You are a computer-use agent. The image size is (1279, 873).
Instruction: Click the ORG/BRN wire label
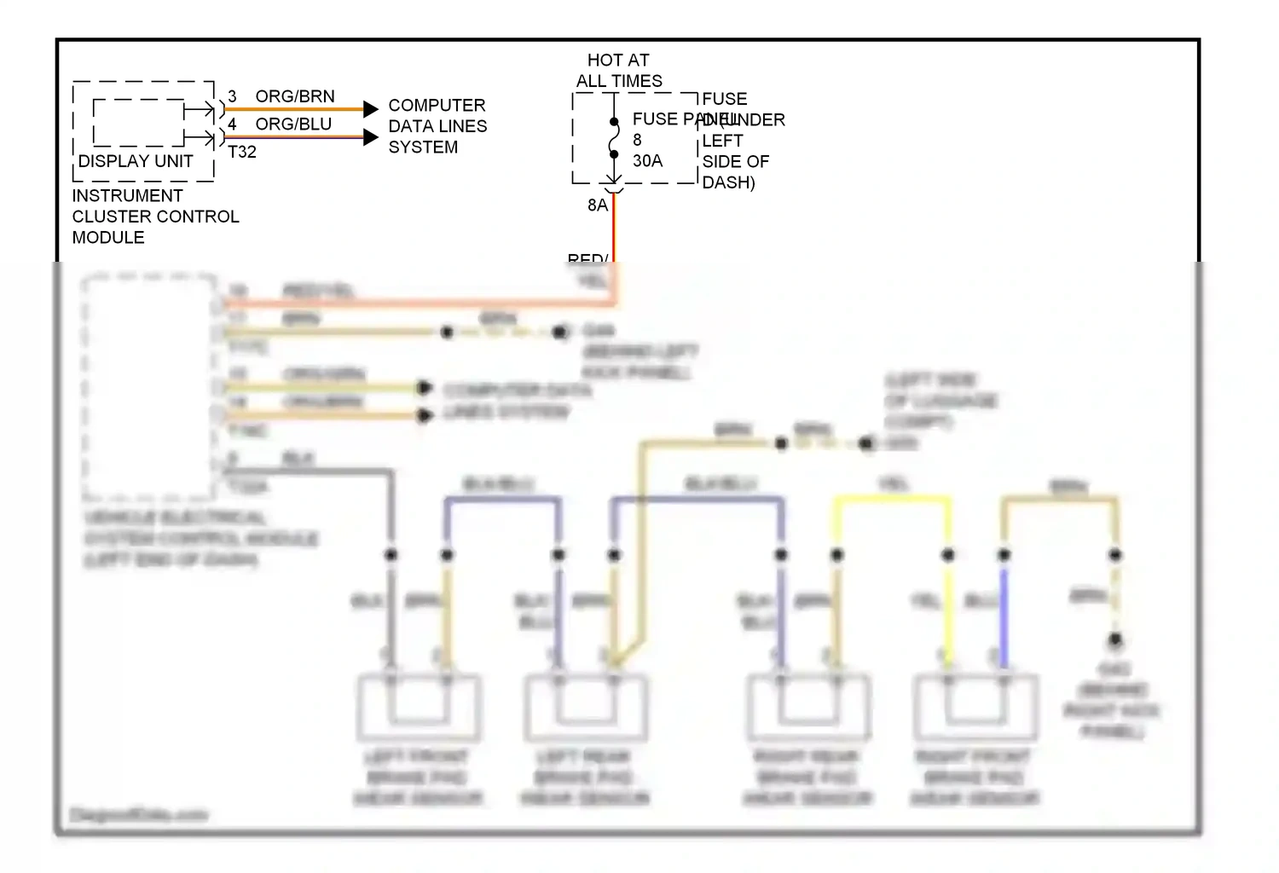[x=295, y=96]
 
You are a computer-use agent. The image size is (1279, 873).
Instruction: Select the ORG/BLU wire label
[x=293, y=124]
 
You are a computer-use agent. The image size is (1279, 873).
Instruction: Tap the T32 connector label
[x=242, y=152]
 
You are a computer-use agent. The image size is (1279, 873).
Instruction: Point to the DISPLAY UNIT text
[x=136, y=161]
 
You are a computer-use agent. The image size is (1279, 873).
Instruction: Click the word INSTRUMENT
[x=127, y=196]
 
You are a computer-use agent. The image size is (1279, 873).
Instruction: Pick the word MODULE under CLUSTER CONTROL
[x=108, y=238]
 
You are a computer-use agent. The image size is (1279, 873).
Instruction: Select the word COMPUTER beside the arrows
[x=437, y=106]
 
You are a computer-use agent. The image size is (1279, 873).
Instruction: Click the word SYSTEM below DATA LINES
[x=423, y=147]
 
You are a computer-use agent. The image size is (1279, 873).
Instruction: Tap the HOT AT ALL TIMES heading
[x=619, y=71]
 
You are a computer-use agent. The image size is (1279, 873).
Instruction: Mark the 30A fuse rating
[x=647, y=161]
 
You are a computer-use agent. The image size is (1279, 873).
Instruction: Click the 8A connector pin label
[x=598, y=205]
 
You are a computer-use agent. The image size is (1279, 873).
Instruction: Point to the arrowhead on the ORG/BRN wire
[x=370, y=109]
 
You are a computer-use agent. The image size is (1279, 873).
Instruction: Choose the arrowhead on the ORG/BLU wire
[x=370, y=137]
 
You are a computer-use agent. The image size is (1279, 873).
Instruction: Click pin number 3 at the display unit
[x=232, y=96]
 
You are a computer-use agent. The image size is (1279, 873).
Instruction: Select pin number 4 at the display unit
[x=232, y=124]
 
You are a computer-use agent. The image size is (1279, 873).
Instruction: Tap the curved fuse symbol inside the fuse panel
[x=614, y=138]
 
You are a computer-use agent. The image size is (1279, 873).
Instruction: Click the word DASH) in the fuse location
[x=728, y=182]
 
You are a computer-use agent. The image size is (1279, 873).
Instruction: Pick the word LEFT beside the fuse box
[x=722, y=141]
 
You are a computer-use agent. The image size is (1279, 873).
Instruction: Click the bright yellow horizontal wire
[x=892, y=499]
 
